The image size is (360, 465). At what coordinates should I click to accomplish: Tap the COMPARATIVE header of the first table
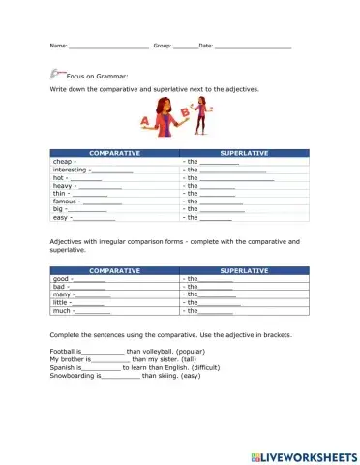point(114,153)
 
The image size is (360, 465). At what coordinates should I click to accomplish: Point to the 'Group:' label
point(162,46)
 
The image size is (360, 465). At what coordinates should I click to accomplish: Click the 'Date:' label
point(206,46)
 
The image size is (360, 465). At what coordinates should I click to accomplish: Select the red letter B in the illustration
point(185,111)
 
